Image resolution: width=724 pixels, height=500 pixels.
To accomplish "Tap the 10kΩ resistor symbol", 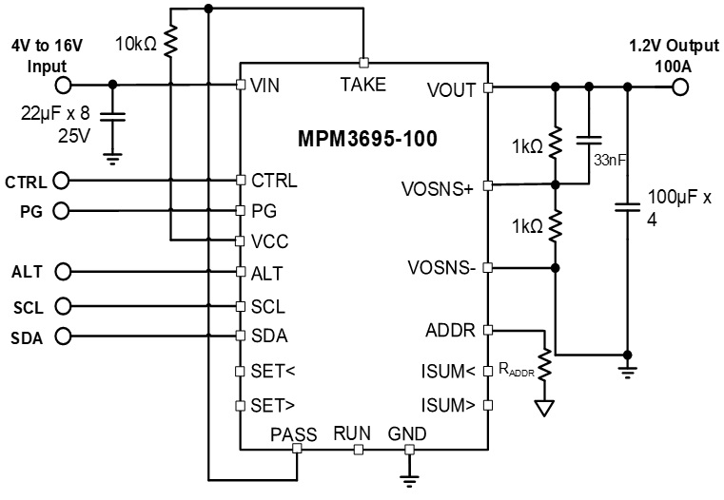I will [x=170, y=43].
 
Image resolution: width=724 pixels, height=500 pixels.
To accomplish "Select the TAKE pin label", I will [x=362, y=86].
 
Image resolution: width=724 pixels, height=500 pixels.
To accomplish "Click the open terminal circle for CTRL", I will [x=63, y=180].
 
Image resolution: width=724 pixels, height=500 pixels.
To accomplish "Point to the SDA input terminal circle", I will [x=63, y=336].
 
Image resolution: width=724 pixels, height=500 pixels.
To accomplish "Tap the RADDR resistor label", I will [x=515, y=370].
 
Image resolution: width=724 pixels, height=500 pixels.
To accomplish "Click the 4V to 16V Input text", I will [x=45, y=53].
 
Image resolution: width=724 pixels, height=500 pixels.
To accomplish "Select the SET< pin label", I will [x=272, y=371].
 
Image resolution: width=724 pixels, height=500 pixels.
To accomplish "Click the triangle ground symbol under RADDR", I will [x=544, y=410].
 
